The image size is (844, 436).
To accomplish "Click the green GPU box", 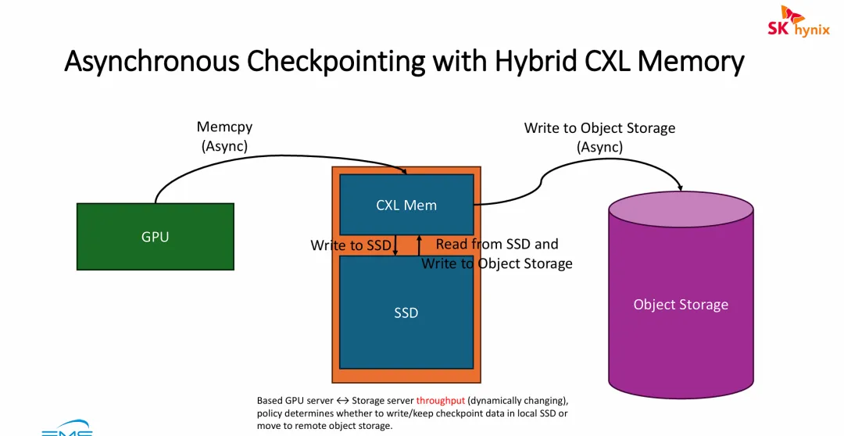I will tap(155, 237).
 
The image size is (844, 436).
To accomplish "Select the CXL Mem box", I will tap(406, 205).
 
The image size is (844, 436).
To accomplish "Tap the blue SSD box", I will tap(406, 313).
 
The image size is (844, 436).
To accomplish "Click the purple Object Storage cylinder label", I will tap(681, 305).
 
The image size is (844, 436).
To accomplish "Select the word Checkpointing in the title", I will tap(351, 61).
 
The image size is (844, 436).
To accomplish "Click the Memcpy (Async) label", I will tap(224, 136).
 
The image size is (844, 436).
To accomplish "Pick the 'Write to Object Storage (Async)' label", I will tap(599, 137).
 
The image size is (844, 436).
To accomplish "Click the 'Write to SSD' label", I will tap(350, 245).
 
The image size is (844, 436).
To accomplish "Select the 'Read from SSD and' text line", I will tap(497, 245).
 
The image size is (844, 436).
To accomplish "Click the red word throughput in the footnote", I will tap(440, 401).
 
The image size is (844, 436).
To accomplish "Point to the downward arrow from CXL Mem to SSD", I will tap(395, 245).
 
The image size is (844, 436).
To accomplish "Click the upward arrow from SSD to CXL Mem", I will tap(419, 244).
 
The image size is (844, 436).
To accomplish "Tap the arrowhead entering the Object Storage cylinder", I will tap(681, 188).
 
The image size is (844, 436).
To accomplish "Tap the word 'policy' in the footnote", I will tap(270, 413).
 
